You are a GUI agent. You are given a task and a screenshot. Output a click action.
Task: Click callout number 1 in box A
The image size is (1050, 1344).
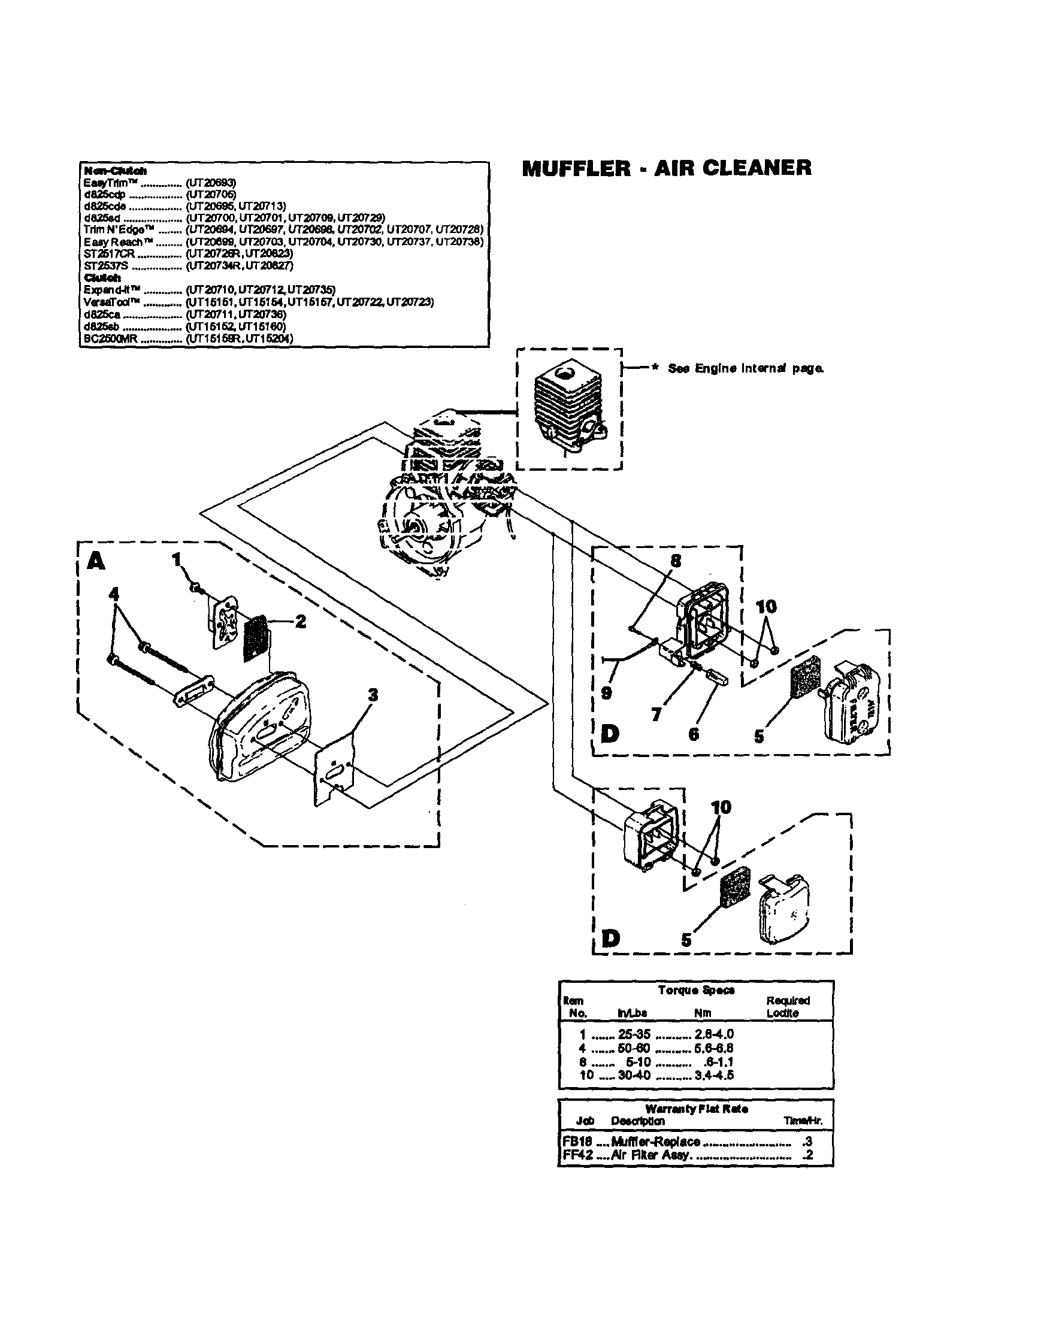point(177,559)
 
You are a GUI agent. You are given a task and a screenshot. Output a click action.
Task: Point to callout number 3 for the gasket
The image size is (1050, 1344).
point(373,695)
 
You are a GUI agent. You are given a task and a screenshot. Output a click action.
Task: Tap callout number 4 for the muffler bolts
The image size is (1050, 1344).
point(113,594)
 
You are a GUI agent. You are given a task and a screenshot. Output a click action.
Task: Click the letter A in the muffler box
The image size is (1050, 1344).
point(96,561)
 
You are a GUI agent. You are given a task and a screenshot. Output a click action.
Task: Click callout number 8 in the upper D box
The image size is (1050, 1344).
point(676,560)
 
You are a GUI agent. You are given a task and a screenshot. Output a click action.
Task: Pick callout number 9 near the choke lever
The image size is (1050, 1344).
point(606,693)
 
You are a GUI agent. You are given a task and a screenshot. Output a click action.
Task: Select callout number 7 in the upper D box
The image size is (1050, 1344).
point(656,715)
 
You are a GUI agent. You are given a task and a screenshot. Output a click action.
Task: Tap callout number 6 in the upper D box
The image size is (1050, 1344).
point(694,734)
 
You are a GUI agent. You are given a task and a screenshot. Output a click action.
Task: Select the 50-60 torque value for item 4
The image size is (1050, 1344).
point(633,1048)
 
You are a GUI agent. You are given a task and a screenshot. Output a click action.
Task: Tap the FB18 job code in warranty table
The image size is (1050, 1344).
point(577,1142)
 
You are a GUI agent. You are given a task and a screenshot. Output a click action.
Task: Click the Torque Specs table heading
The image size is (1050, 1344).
point(696,989)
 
